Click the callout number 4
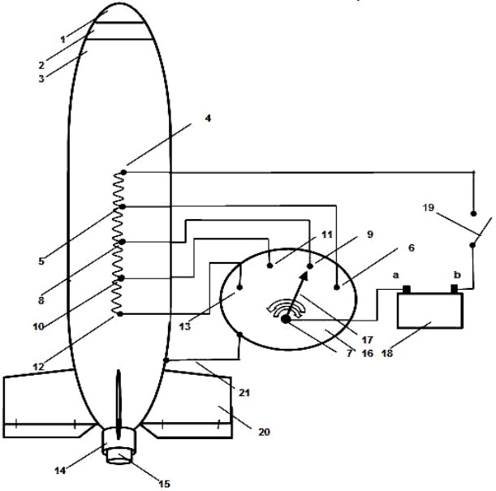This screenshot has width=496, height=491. point(208,118)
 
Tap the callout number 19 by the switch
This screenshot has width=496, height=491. point(429,208)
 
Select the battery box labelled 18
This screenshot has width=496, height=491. point(430,311)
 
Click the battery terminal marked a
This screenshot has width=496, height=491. point(407,289)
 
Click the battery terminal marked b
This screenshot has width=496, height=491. point(455,289)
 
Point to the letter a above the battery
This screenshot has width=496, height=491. point(395,275)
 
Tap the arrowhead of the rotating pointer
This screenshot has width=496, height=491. point(304,277)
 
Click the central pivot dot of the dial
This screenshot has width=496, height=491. point(285,319)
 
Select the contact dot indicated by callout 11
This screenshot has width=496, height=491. point(270,265)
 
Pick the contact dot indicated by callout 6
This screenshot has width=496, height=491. point(337,287)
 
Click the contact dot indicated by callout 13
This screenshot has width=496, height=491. point(239,287)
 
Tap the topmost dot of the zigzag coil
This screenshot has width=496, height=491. point(124,172)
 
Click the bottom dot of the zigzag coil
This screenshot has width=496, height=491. point(120,314)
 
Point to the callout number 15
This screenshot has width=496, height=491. point(165,484)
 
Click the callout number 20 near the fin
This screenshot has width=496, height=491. point(265,432)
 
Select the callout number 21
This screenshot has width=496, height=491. point(244,393)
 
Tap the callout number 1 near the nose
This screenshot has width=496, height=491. point(63,40)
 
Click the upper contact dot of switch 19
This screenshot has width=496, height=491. point(473,213)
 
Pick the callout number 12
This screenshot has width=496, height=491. point(39,367)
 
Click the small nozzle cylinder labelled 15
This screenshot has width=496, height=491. point(119,457)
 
